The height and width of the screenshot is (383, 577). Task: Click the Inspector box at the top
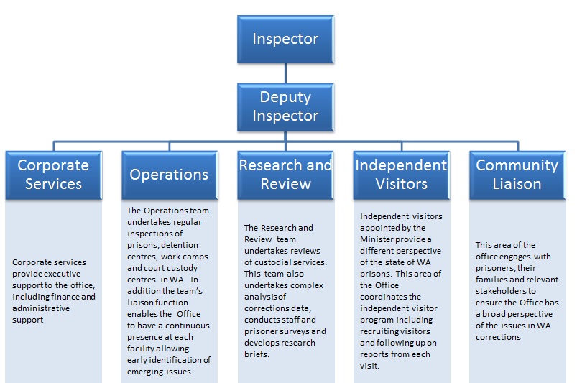285,39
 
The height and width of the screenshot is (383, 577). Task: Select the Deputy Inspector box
285,107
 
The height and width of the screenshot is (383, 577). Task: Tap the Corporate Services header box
54,175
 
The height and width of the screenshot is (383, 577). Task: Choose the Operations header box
170,175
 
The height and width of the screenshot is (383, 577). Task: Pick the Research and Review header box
285,175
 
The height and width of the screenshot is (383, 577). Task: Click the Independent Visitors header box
402,175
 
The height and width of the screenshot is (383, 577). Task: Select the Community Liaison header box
517,175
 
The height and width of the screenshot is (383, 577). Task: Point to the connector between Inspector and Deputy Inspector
285,73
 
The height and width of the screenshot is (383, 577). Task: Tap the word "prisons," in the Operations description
143,246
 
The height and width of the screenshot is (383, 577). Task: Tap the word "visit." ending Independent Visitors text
369,366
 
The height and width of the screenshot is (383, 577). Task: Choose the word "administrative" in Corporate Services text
41,308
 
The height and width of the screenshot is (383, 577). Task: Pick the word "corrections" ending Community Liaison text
498,337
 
